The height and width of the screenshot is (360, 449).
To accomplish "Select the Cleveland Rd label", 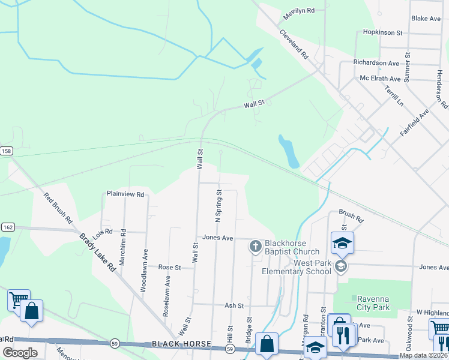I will (x=294, y=43).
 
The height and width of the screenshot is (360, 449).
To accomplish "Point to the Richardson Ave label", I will (x=376, y=62).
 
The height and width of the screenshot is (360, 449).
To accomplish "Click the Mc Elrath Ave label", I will (x=380, y=79).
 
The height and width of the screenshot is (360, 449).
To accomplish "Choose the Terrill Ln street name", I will (x=394, y=95).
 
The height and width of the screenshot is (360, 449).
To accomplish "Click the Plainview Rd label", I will (x=125, y=194).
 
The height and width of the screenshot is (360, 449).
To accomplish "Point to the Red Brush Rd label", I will (x=58, y=208).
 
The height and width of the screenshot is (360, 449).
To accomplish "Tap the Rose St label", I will (x=169, y=267).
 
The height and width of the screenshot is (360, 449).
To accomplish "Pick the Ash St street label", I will (x=234, y=305).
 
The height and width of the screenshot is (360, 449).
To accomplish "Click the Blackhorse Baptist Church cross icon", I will (x=256, y=246).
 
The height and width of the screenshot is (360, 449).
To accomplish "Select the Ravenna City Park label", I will (x=373, y=303).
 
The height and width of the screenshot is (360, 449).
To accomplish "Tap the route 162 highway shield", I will (x=7, y=227).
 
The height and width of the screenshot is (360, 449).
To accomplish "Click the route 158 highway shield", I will (x=6, y=151).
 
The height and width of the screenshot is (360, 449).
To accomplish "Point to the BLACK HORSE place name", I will (x=181, y=344).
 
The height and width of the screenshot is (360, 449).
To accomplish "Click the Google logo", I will (x=20, y=353).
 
